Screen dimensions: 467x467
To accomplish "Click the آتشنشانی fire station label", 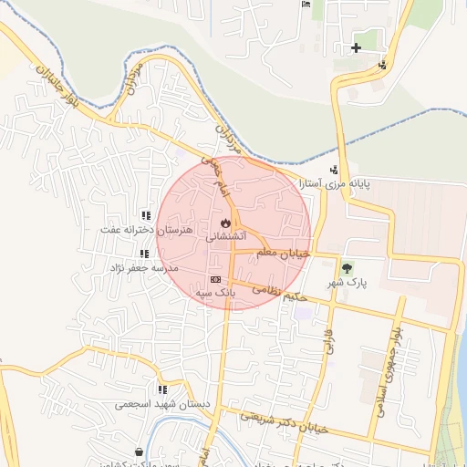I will click(x=224, y=235).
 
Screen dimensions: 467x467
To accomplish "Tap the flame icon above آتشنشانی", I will click(x=225, y=223).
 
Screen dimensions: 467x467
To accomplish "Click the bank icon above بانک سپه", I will click(x=216, y=280).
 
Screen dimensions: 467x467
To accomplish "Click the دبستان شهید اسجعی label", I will click(x=162, y=403).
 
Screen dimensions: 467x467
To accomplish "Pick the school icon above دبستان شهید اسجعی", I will click(x=162, y=389).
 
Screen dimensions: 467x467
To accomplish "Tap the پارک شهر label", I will click(x=348, y=283).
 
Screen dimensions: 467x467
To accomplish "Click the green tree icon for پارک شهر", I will click(x=348, y=268).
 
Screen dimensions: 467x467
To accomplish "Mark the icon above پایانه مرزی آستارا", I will click(x=335, y=168).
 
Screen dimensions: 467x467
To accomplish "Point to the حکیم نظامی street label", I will click(x=284, y=292).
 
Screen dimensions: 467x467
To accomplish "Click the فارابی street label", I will click(x=327, y=343).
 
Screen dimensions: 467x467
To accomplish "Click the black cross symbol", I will click(x=356, y=47).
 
